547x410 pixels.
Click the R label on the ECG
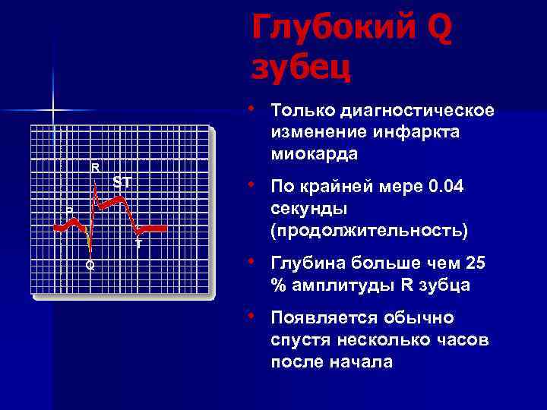click(95, 167)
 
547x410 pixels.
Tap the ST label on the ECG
click(122, 182)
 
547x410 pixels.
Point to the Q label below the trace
click(90, 265)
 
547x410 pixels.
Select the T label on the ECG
click(138, 244)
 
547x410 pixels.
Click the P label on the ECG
click(69, 210)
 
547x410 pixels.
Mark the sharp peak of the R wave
click(95, 179)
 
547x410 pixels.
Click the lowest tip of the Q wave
click(90, 251)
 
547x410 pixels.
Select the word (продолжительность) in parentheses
click(368, 229)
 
